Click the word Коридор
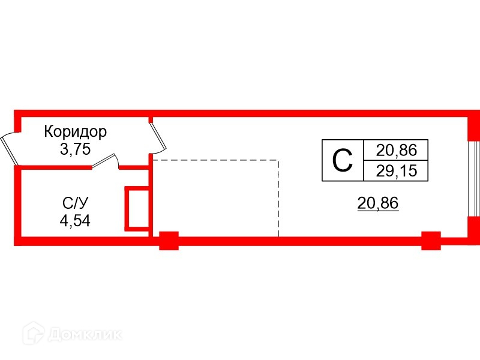pyautogui.click(x=76, y=131)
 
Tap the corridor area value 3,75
pyautogui.click(x=75, y=149)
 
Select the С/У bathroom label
pyautogui.click(x=75, y=202)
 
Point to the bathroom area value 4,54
pyautogui.click(x=75, y=221)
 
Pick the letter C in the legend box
pyautogui.click(x=343, y=160)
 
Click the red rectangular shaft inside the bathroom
pyautogui.click(x=136, y=208)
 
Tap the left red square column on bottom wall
pyautogui.click(x=169, y=241)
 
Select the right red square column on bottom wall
pyautogui.click(x=431, y=241)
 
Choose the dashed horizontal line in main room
pyautogui.click(x=216, y=161)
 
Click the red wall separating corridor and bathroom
pyautogui.click(x=54, y=167)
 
